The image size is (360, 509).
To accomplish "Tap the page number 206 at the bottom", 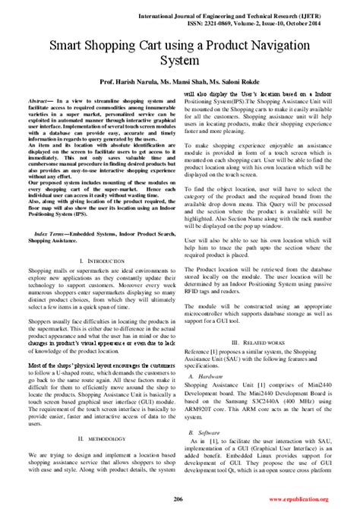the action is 178,498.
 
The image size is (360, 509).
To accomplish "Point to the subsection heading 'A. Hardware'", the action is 206,354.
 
